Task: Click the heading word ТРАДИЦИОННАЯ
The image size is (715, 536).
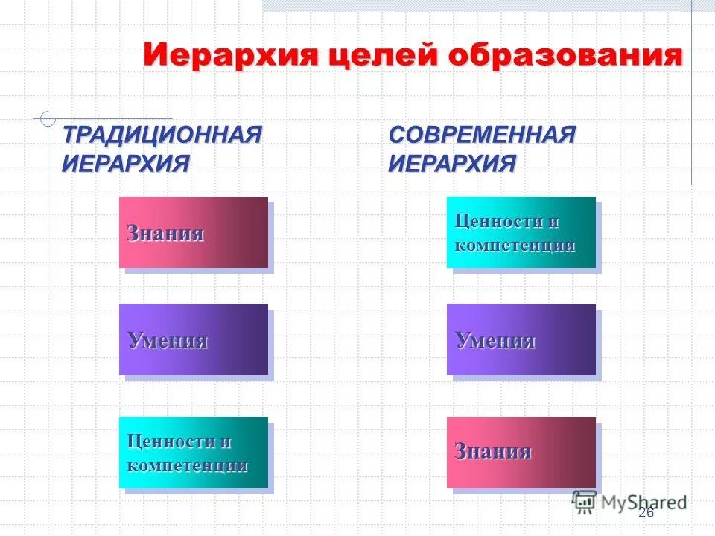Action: (x=162, y=135)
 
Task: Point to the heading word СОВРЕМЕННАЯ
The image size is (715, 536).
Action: (x=483, y=135)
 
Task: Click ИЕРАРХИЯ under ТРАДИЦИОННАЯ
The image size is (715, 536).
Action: (x=125, y=163)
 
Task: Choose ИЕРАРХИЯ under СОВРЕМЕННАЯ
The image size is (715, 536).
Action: (x=452, y=163)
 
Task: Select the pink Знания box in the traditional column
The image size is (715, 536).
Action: (x=194, y=232)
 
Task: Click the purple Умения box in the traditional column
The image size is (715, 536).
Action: (x=194, y=339)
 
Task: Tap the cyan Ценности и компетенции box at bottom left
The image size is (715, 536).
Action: (x=194, y=453)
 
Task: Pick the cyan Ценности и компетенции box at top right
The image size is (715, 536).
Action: (x=521, y=232)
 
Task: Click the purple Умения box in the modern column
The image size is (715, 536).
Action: (x=521, y=339)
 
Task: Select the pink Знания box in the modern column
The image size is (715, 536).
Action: (x=521, y=453)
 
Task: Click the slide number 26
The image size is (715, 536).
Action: (x=646, y=513)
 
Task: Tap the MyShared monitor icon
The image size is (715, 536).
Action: (x=584, y=501)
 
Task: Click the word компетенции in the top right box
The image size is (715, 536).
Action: (x=515, y=245)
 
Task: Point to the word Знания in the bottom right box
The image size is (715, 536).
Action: (x=492, y=451)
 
